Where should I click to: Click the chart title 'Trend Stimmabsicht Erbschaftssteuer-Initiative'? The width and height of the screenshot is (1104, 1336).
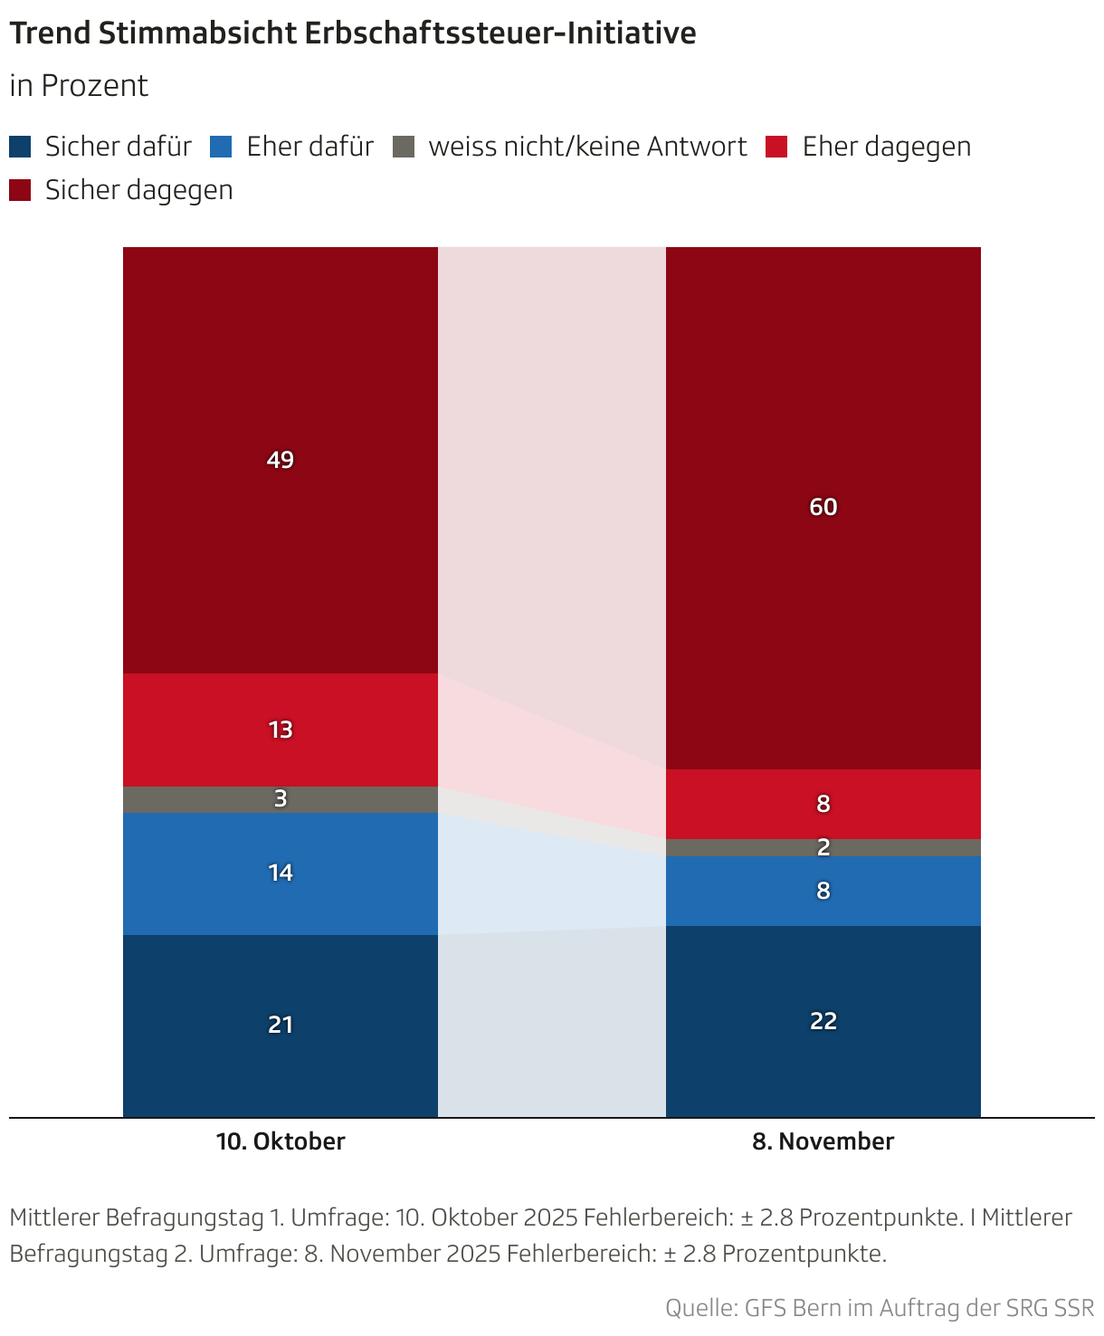352,33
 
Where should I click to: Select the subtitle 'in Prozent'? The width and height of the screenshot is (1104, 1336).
79,86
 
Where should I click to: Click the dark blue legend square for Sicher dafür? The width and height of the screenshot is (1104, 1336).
20,147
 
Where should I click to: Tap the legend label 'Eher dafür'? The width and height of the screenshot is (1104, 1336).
309,147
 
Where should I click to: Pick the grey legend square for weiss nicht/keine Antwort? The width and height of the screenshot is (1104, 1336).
404,147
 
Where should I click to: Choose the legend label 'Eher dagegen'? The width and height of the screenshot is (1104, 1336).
886,147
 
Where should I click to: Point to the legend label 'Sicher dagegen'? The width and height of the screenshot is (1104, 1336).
138,190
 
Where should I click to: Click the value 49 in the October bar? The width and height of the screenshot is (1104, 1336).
281,460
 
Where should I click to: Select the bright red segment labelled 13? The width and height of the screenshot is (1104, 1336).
281,730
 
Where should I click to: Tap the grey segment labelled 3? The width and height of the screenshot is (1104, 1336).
281,798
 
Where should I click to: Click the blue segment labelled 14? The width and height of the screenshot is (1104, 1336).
281,873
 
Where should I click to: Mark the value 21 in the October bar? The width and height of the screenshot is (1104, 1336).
281,1025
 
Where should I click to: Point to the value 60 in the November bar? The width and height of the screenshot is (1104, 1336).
823,507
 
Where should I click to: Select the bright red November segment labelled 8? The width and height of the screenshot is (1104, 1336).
823,804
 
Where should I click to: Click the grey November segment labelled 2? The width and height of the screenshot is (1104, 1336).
823,847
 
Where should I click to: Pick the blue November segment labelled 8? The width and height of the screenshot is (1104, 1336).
823,891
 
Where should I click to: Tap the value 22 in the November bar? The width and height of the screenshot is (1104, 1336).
823,1021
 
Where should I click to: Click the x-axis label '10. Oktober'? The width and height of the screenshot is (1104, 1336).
281,1141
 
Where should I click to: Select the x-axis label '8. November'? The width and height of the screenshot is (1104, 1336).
823,1141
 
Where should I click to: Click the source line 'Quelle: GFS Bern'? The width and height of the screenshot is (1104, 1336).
879,1308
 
